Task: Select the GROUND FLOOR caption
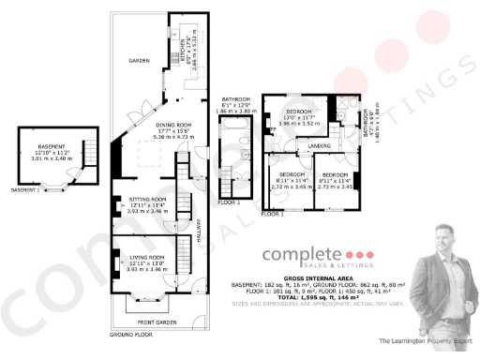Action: (131, 335)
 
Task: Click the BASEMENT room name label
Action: (51, 146)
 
